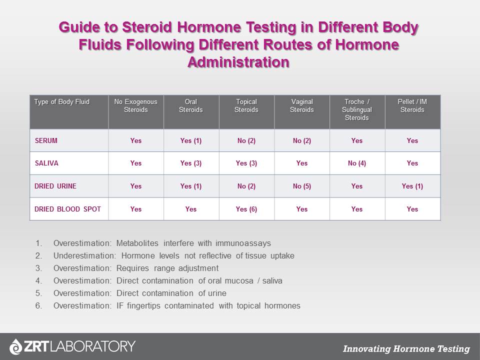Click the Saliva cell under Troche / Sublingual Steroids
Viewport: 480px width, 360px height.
tap(356, 163)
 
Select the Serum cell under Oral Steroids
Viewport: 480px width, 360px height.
tap(190, 140)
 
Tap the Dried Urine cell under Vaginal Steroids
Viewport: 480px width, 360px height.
tap(301, 186)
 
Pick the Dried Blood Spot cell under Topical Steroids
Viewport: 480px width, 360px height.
tap(246, 209)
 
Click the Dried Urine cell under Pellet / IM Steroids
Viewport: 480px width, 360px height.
tap(412, 186)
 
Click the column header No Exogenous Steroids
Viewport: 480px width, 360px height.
tap(135, 105)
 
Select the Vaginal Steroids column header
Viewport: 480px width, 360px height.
tap(301, 105)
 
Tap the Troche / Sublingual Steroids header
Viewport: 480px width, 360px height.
tap(356, 109)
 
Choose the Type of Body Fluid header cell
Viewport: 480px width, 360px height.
tap(61, 102)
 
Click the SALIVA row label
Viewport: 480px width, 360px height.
tap(46, 163)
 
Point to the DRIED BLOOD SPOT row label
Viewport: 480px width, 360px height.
tap(67, 209)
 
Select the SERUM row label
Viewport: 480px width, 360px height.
tap(46, 140)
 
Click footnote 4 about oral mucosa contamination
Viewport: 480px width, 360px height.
tap(167, 280)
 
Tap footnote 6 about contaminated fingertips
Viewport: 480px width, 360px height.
tap(176, 305)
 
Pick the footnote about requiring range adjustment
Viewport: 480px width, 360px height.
tap(135, 268)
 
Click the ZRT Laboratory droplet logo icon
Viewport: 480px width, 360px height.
tap(16, 346)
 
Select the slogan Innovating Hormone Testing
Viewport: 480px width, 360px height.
tap(406, 349)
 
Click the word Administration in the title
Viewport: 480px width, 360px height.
tap(238, 62)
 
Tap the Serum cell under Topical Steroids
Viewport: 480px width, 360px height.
tap(246, 140)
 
